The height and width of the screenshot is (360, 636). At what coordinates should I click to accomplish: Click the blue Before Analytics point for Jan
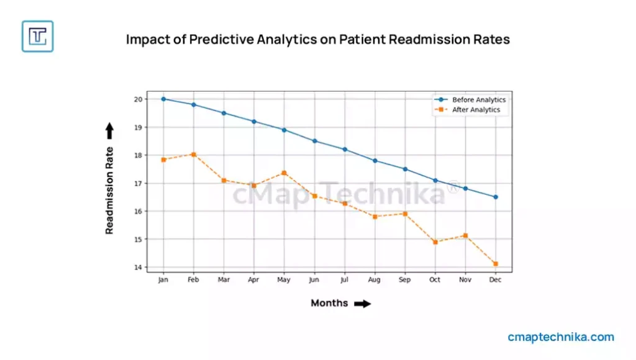click(x=163, y=99)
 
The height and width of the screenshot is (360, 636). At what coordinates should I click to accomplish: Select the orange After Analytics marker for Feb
click(x=194, y=155)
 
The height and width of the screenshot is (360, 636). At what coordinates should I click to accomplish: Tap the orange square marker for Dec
click(x=495, y=264)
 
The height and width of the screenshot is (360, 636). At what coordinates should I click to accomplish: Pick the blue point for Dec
click(x=495, y=197)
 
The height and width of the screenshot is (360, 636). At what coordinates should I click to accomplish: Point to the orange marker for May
click(x=284, y=173)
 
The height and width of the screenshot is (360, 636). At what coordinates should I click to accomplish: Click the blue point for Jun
click(x=314, y=141)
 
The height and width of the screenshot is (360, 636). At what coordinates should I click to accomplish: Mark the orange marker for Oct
click(x=435, y=242)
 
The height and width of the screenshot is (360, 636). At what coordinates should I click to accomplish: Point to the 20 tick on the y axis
click(x=139, y=99)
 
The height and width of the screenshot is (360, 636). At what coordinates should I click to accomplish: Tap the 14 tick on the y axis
click(x=139, y=268)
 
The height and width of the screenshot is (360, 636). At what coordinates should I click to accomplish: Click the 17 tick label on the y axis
click(x=139, y=184)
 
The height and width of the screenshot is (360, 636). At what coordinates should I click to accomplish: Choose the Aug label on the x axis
click(x=375, y=281)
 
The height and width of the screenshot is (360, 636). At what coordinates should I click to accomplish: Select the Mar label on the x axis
click(x=224, y=281)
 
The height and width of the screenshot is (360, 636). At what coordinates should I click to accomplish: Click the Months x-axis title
click(x=330, y=304)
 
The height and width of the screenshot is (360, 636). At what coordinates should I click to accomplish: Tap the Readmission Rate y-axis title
click(x=109, y=190)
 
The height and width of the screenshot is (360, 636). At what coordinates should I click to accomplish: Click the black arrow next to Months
click(x=362, y=304)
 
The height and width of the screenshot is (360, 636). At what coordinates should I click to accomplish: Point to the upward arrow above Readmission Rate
click(x=109, y=130)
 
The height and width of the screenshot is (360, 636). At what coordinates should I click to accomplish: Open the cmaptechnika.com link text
click(x=560, y=338)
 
